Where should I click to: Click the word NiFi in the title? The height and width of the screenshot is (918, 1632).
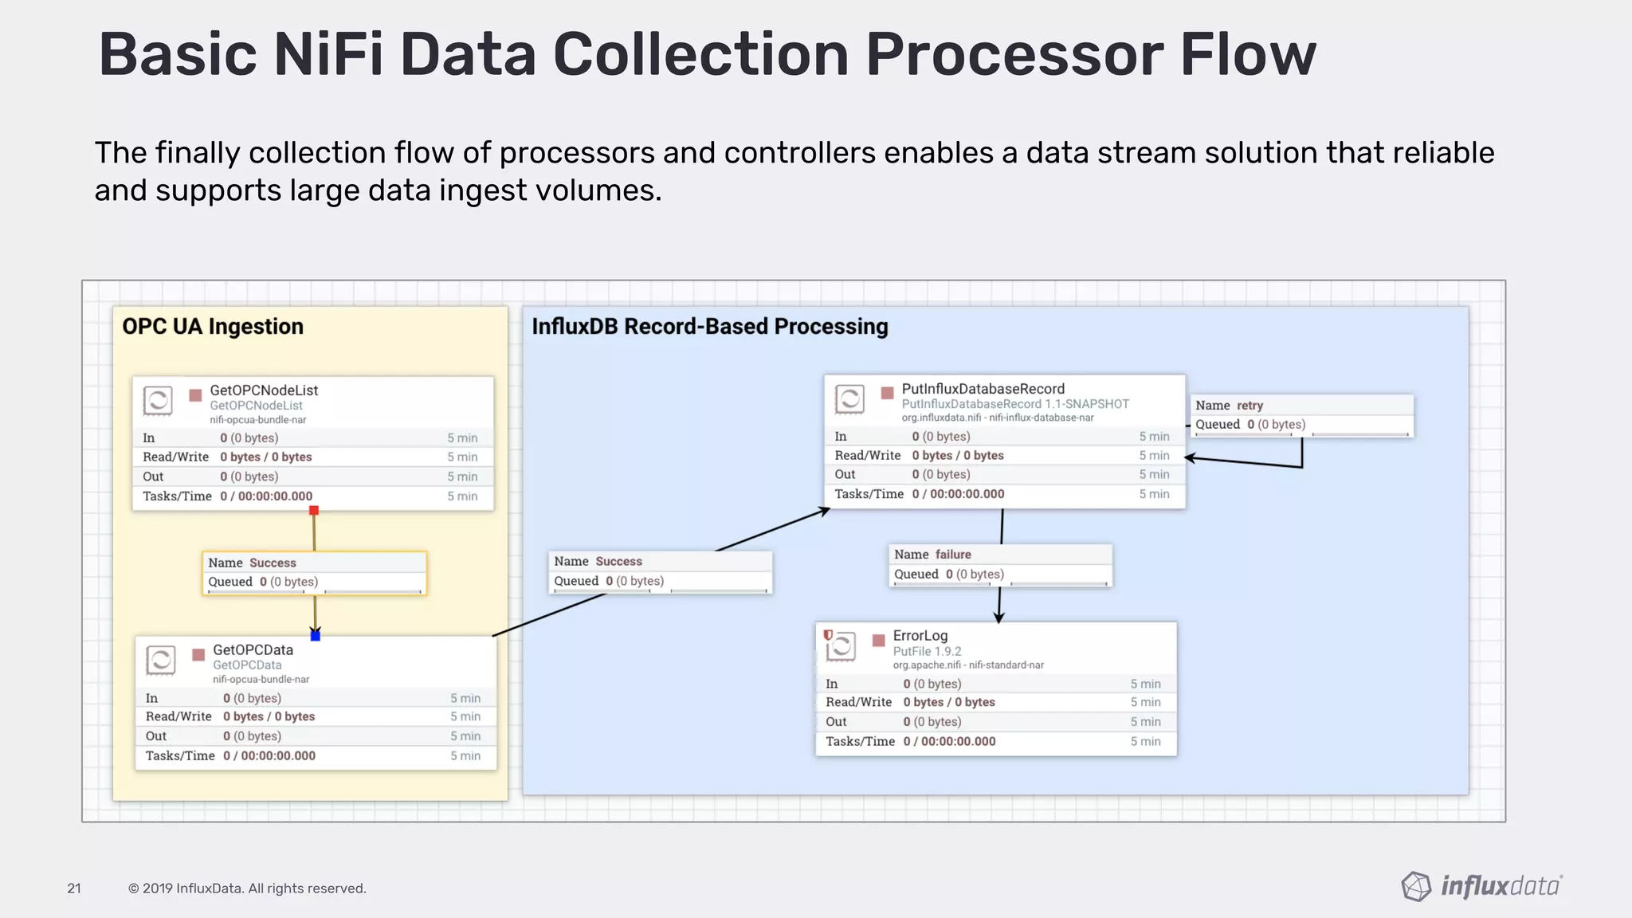pos(328,55)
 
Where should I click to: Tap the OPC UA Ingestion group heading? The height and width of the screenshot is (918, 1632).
pos(213,327)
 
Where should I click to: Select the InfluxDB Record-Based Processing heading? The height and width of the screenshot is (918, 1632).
pos(709,327)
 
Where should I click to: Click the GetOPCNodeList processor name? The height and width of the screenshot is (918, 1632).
pos(264,390)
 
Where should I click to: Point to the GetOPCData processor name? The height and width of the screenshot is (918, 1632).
pos(253,650)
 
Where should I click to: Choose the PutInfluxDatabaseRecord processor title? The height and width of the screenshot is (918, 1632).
pos(983,389)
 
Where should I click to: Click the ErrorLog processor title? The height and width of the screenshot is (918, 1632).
pos(920,636)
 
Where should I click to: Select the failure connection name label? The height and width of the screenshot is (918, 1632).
pos(952,555)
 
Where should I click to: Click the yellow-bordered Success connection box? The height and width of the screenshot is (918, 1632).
pos(314,573)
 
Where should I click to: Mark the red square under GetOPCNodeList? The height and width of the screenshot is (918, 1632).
pos(314,511)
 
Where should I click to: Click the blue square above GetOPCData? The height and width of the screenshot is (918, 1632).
pos(316,636)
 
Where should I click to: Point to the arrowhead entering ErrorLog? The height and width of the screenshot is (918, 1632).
pos(998,618)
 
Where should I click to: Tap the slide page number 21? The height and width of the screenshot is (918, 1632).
pos(74,889)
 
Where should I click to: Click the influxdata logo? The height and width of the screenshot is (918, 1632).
pos(1481,886)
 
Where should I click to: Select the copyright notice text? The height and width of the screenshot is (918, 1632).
pos(247,889)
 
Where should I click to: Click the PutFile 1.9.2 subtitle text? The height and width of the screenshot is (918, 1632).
pos(927,651)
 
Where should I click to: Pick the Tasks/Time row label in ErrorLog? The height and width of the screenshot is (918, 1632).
pos(860,741)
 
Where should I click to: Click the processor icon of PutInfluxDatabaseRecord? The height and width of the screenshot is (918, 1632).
pos(849,399)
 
